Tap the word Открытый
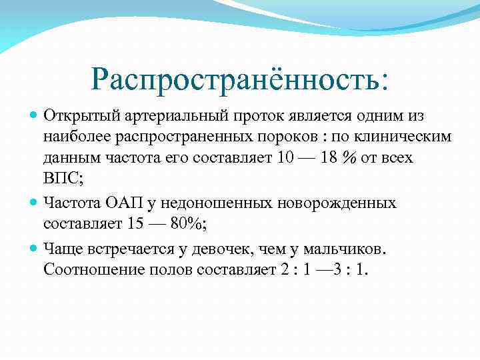coord(75,115)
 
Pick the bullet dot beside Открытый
coord(35,115)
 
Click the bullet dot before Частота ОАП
coord(35,202)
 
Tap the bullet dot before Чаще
coord(35,249)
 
